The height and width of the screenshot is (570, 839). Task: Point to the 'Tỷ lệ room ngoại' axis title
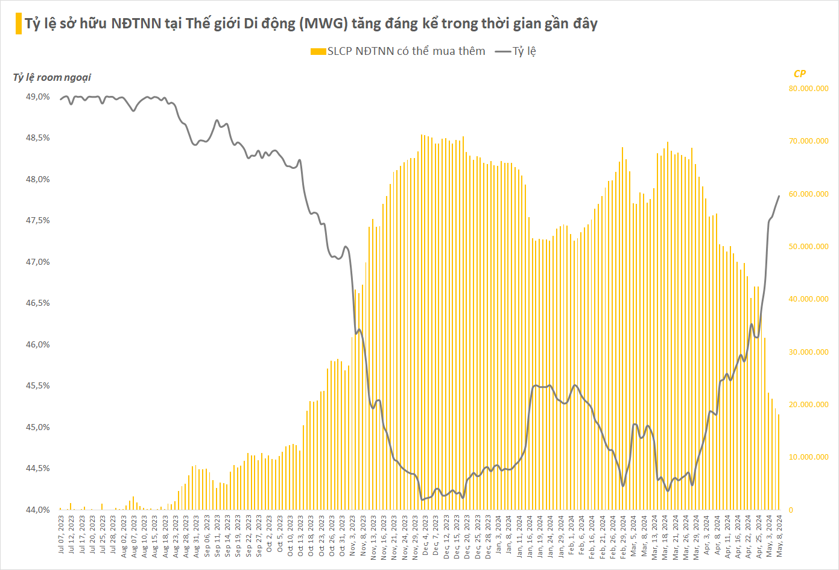tap(52, 77)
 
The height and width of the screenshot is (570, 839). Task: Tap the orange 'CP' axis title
tap(799, 74)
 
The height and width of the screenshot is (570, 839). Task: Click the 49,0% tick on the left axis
tap(38, 97)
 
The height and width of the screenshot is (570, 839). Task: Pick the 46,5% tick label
tap(38, 303)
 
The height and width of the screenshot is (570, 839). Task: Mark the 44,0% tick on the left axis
tap(38, 510)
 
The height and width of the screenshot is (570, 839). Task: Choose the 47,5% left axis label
tap(38, 221)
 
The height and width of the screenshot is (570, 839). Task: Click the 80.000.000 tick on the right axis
tap(808, 89)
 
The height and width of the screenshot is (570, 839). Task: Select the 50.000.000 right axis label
tap(808, 247)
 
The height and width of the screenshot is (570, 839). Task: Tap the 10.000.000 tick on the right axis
tap(808, 457)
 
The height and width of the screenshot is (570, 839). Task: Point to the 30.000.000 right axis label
tap(808, 352)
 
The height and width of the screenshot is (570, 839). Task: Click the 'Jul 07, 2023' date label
tap(61, 534)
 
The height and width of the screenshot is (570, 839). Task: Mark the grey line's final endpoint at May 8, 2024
tap(779, 196)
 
